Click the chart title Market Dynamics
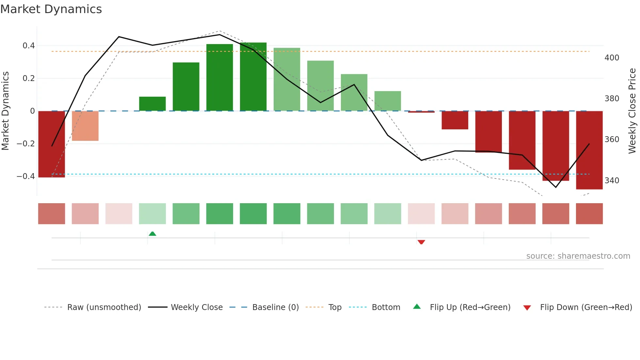pos(51,9)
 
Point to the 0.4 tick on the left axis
pos(29,46)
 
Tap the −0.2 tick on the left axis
pos(26,144)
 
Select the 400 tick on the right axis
pos(612,58)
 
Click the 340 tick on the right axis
pos(612,181)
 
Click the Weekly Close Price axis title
pos(632,111)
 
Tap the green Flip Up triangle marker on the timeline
pos(152,234)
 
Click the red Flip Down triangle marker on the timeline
pos(421,242)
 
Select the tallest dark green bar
pos(253,77)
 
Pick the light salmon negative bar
pos(85,126)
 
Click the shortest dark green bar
pos(152,104)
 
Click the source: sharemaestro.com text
pos(578,256)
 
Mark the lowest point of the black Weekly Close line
pos(556,187)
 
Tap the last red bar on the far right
pos(589,150)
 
